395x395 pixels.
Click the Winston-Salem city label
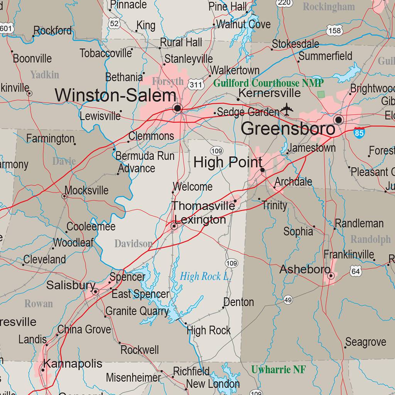click(115, 95)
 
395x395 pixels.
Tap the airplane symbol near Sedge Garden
click(287, 110)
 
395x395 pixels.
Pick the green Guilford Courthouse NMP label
click(268, 83)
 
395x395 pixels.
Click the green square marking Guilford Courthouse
click(321, 94)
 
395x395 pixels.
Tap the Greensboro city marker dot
click(339, 120)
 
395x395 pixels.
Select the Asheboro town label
click(305, 269)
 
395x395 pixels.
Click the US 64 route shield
click(356, 272)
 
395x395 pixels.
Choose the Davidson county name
click(133, 244)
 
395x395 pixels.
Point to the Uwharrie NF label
click(279, 370)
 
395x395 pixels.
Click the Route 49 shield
click(288, 300)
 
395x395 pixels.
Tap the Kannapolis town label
click(73, 363)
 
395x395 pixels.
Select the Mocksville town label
click(86, 190)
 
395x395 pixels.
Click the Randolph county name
click(370, 240)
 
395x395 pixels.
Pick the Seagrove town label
click(366, 342)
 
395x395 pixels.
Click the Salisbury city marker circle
click(95, 292)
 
